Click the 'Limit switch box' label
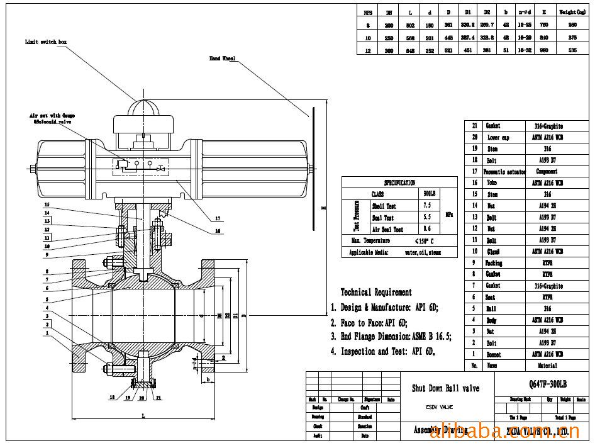[x=45, y=42]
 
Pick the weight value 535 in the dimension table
[x=572, y=50]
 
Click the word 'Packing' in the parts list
[x=494, y=262]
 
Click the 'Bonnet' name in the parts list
[x=494, y=354]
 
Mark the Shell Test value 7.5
[x=428, y=206]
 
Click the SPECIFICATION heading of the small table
[x=399, y=182]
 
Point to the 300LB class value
[x=428, y=194]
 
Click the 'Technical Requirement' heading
[x=376, y=292]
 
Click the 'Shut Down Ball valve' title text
[x=445, y=388]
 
